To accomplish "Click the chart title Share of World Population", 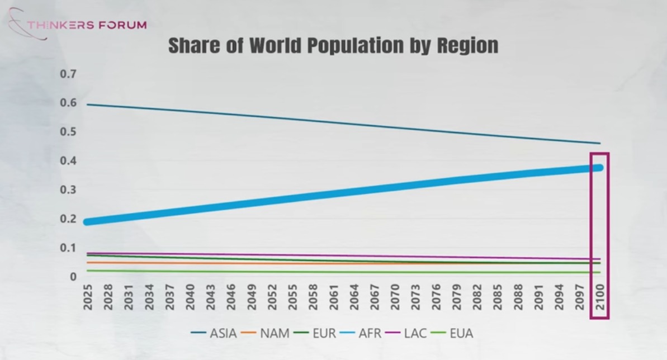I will [333, 45].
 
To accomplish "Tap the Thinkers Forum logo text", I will [87, 25].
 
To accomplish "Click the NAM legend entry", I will [267, 334].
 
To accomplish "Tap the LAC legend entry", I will [408, 334].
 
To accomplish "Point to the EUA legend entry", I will [453, 334].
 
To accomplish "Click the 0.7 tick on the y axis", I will [69, 74].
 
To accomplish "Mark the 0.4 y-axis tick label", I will [69, 161].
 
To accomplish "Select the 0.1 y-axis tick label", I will [69, 248].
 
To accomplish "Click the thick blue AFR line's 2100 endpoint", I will [599, 167].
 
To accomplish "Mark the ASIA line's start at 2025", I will [88, 105].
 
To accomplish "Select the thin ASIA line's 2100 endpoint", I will [599, 144].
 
